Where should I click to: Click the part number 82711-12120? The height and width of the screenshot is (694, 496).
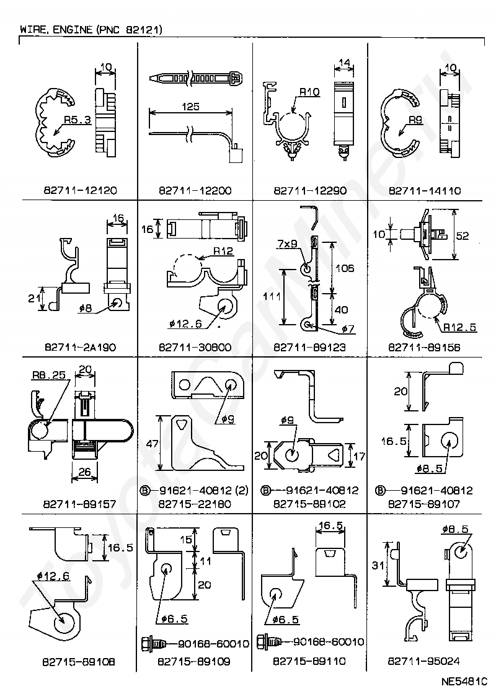tap(80, 190)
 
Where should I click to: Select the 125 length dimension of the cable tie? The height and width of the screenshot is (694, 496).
tap(190, 107)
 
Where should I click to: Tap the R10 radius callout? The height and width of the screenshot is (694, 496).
tap(309, 92)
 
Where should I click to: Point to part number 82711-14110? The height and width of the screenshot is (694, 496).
tap(425, 190)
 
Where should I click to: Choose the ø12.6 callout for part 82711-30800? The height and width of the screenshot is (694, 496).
tap(185, 324)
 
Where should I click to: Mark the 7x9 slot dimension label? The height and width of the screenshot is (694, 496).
tap(288, 244)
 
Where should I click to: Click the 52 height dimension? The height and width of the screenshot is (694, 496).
tap(463, 235)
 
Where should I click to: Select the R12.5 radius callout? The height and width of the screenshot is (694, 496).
tap(459, 327)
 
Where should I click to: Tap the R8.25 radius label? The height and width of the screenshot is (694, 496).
tap(49, 375)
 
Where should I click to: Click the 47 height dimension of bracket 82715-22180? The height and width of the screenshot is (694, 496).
tap(152, 443)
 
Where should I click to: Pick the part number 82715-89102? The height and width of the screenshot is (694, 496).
tap(309, 504)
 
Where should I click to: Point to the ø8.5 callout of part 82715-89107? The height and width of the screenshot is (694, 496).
tap(429, 468)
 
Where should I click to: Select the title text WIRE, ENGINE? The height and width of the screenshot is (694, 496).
tap(56, 30)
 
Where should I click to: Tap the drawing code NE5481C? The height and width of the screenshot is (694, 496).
tap(464, 680)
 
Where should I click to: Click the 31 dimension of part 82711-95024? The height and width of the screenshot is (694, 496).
tap(378, 565)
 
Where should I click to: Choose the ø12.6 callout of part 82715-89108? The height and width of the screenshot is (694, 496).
tap(53, 576)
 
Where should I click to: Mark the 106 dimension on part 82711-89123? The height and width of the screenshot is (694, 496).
tap(345, 268)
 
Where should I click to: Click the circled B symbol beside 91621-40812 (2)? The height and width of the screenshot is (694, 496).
tap(145, 490)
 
